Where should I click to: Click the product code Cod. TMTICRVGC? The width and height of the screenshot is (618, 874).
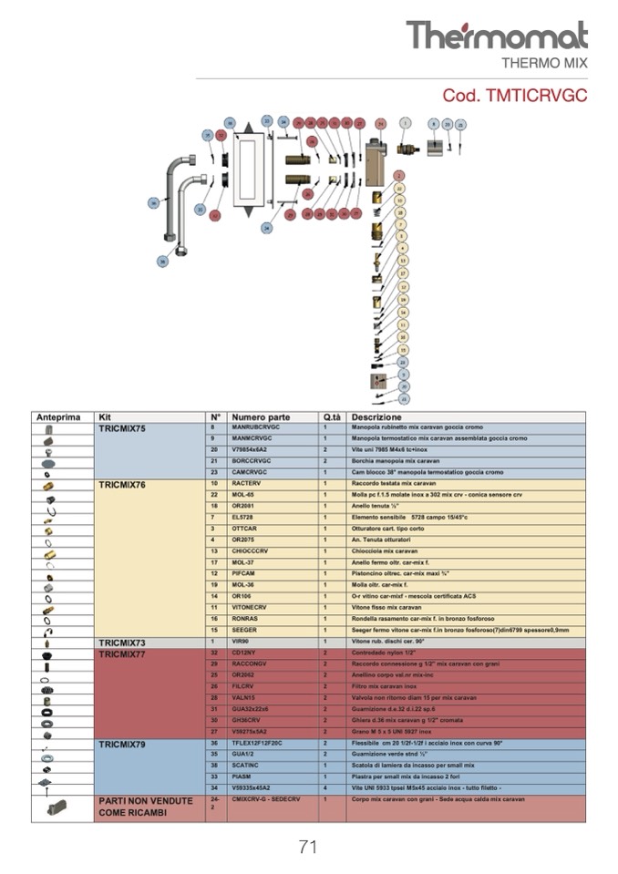pyautogui.click(x=514, y=95)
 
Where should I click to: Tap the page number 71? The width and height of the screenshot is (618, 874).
pyautogui.click(x=308, y=847)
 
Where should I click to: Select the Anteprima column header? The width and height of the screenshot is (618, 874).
pyautogui.click(x=58, y=416)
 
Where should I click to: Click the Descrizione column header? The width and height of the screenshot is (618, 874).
pyautogui.click(x=376, y=416)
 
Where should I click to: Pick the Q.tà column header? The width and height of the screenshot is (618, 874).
pyautogui.click(x=331, y=416)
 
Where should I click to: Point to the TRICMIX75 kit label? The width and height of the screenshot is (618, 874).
pyautogui.click(x=122, y=427)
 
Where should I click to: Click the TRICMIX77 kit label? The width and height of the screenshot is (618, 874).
pyautogui.click(x=122, y=653)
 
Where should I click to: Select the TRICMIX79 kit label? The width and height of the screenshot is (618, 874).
pyautogui.click(x=122, y=744)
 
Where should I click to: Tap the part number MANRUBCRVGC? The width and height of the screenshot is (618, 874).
pyautogui.click(x=256, y=427)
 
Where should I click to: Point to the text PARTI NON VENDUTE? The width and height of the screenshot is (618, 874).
pyautogui.click(x=145, y=801)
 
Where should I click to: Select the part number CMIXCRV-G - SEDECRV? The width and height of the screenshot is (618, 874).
pyautogui.click(x=267, y=799)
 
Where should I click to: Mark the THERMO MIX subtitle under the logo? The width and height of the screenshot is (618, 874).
pyautogui.click(x=545, y=63)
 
